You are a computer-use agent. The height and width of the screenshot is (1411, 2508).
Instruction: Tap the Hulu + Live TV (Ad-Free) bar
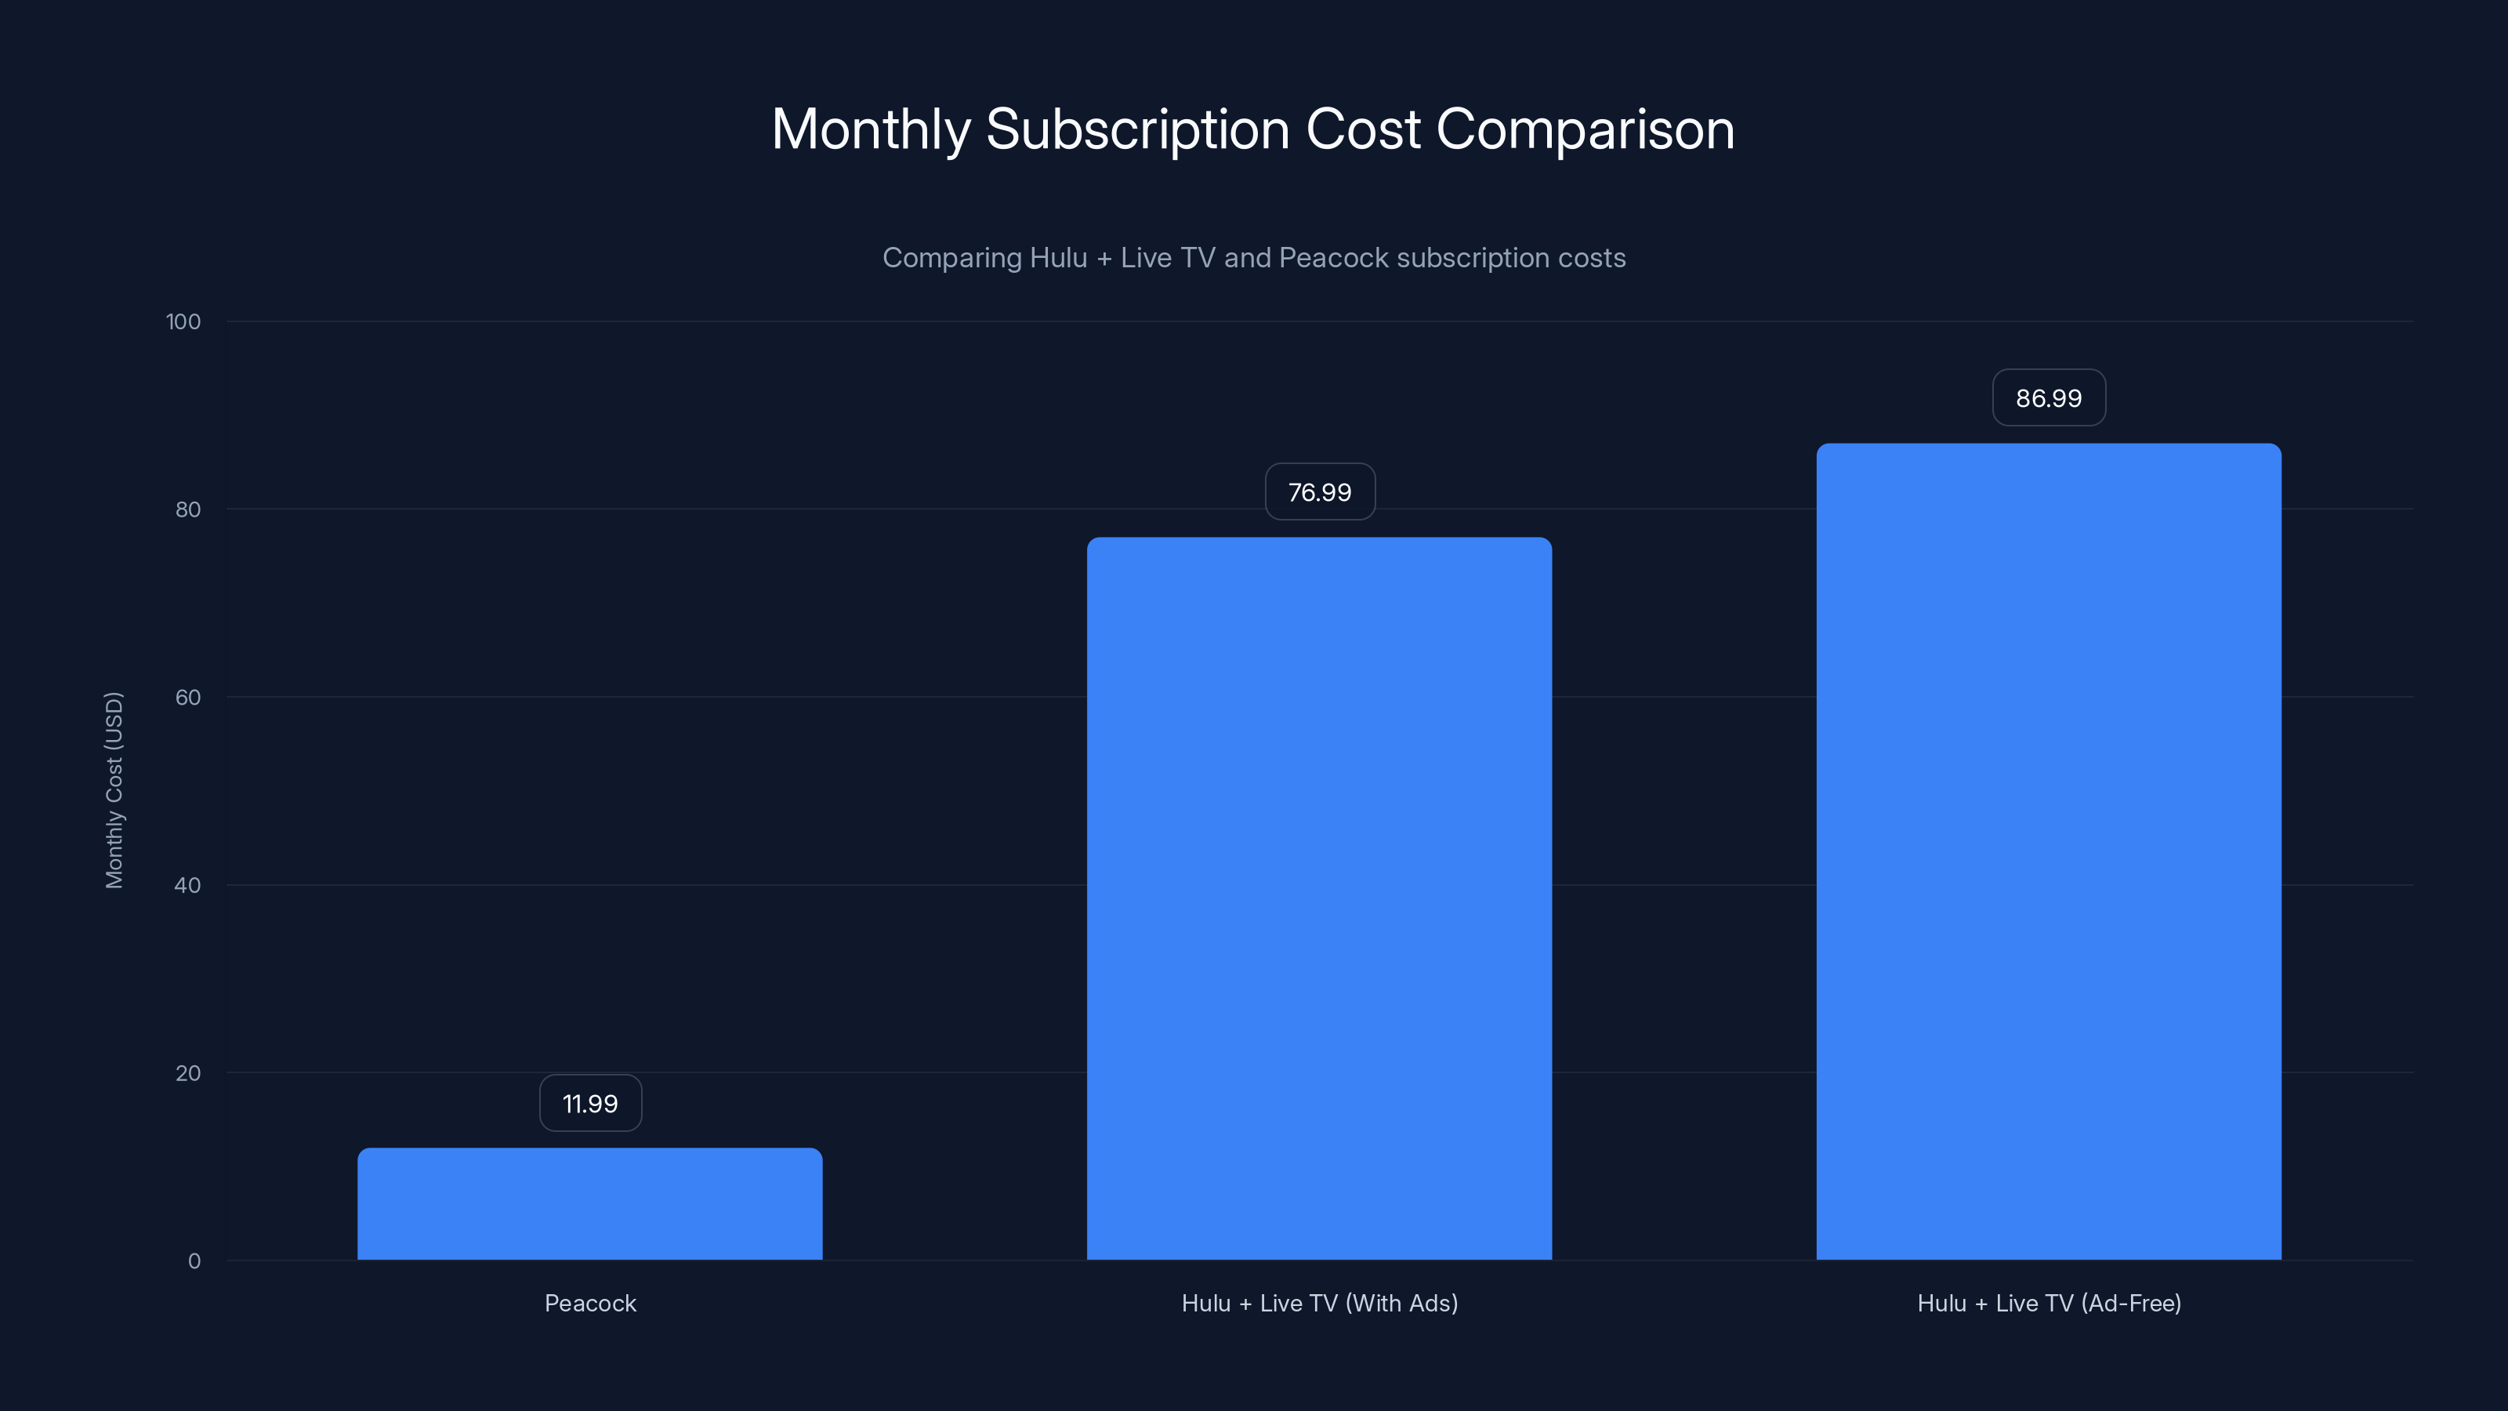tap(2049, 851)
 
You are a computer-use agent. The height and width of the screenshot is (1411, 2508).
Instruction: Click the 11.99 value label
tap(590, 1103)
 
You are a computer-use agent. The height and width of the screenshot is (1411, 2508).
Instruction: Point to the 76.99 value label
tap(1319, 491)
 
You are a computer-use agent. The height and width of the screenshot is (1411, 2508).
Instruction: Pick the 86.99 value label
tap(2049, 398)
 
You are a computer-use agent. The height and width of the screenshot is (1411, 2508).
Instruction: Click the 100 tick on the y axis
tap(183, 321)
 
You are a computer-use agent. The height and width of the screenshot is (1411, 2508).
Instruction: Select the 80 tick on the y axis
tap(188, 510)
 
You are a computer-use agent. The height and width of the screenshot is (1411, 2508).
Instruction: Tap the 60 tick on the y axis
tap(188, 697)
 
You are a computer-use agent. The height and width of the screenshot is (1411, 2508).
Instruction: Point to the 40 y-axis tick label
tap(188, 885)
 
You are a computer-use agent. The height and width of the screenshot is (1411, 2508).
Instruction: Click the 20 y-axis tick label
tap(188, 1073)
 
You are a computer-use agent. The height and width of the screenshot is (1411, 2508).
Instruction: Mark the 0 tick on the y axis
tap(194, 1261)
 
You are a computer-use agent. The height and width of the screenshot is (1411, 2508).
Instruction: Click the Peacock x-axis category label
tap(590, 1303)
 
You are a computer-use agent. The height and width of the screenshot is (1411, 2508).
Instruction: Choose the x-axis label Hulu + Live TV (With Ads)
tap(1319, 1303)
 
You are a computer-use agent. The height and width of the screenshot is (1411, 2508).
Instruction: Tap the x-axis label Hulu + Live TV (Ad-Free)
tap(2049, 1303)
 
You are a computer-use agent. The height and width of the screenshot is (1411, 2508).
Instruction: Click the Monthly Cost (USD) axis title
tap(114, 789)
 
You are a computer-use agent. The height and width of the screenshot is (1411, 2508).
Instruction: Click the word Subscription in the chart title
tap(1137, 129)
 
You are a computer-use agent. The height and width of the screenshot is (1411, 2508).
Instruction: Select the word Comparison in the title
tap(1584, 129)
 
